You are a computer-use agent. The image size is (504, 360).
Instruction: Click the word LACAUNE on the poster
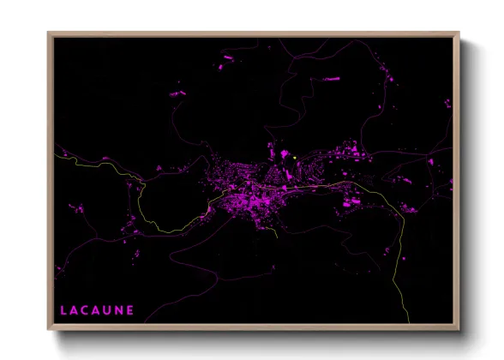coord(97,309)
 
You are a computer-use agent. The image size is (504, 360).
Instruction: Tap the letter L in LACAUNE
coord(64,309)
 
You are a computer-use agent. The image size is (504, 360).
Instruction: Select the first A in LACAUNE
coord(75,309)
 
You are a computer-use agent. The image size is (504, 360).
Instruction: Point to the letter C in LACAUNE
coord(87,309)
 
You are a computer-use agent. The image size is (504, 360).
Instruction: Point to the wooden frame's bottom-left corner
coord(49,330)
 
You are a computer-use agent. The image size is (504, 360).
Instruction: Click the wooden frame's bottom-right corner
coord(459,330)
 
